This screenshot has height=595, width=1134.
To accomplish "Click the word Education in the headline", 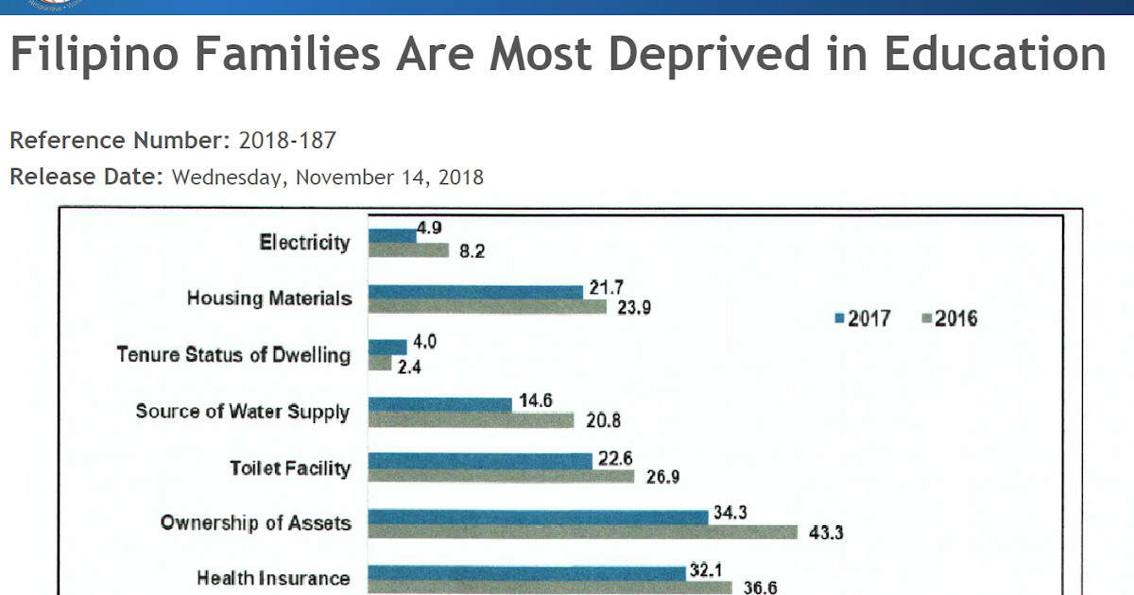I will [994, 55].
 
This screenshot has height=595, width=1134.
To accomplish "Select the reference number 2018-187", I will [287, 141].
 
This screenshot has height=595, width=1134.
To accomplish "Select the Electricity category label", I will [304, 243].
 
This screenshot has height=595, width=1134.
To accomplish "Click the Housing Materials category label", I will [269, 298].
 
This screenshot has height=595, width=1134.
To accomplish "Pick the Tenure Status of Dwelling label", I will [233, 355].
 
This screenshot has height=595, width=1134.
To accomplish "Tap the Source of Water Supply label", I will [243, 412].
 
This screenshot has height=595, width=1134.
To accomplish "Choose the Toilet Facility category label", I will [290, 467].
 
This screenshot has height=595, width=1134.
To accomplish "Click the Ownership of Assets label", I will [256, 522].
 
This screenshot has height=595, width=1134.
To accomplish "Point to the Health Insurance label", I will [273, 578].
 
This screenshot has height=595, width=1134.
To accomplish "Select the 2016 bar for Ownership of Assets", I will [582, 533].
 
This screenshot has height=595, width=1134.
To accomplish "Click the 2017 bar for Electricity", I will [392, 235].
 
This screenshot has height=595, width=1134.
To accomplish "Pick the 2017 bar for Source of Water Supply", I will [439, 404].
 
